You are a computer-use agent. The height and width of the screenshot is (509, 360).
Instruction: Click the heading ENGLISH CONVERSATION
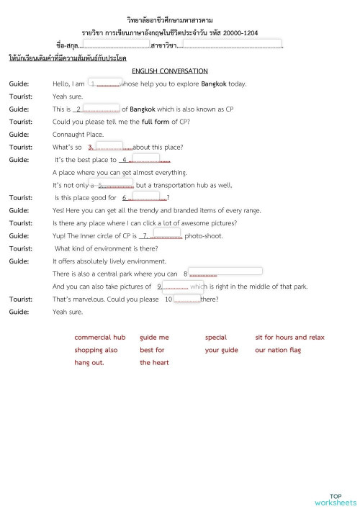pyautogui.click(x=170, y=71)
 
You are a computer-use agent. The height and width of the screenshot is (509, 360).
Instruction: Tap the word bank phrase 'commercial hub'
pyautogui.click(x=99, y=337)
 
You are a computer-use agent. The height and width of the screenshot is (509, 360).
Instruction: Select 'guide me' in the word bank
pyautogui.click(x=154, y=337)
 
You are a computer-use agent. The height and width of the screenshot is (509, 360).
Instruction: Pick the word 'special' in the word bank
pyautogui.click(x=215, y=337)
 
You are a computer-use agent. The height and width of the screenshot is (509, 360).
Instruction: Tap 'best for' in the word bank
pyautogui.click(x=152, y=350)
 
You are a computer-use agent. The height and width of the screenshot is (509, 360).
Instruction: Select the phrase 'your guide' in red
pyautogui.click(x=221, y=350)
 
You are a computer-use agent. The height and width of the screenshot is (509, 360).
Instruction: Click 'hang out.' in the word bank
pyautogui.click(x=89, y=363)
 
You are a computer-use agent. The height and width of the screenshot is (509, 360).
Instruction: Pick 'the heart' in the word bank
pyautogui.click(x=154, y=363)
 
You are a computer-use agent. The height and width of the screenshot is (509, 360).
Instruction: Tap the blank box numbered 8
pyautogui.click(x=225, y=272)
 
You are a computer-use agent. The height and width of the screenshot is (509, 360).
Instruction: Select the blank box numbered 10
pyautogui.click(x=186, y=298)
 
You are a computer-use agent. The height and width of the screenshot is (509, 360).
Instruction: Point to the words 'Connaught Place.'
pyautogui.click(x=78, y=135)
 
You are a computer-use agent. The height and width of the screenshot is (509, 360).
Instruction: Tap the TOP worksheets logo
pyautogui.click(x=335, y=500)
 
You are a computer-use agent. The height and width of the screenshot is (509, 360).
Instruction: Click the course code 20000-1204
pyautogui.click(x=240, y=33)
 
